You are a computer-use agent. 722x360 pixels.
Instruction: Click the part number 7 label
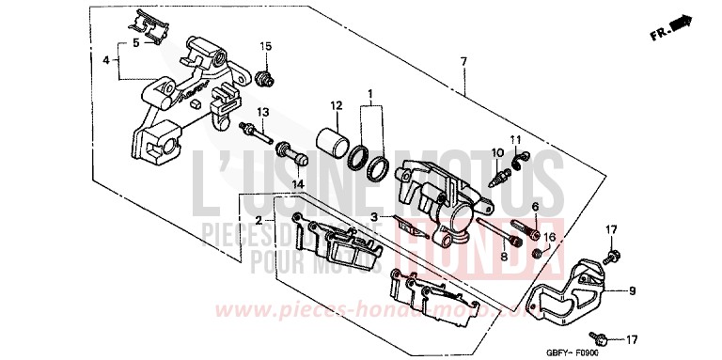(x=463, y=62)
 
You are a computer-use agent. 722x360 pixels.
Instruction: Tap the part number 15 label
(x=265, y=47)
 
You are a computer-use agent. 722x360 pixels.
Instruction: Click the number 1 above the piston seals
(x=370, y=94)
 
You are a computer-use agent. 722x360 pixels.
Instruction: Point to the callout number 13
(x=264, y=112)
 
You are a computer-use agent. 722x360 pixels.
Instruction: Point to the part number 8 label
(x=504, y=256)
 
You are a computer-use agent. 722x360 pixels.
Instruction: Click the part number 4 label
(x=106, y=60)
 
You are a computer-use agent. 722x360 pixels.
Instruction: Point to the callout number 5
(x=135, y=43)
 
